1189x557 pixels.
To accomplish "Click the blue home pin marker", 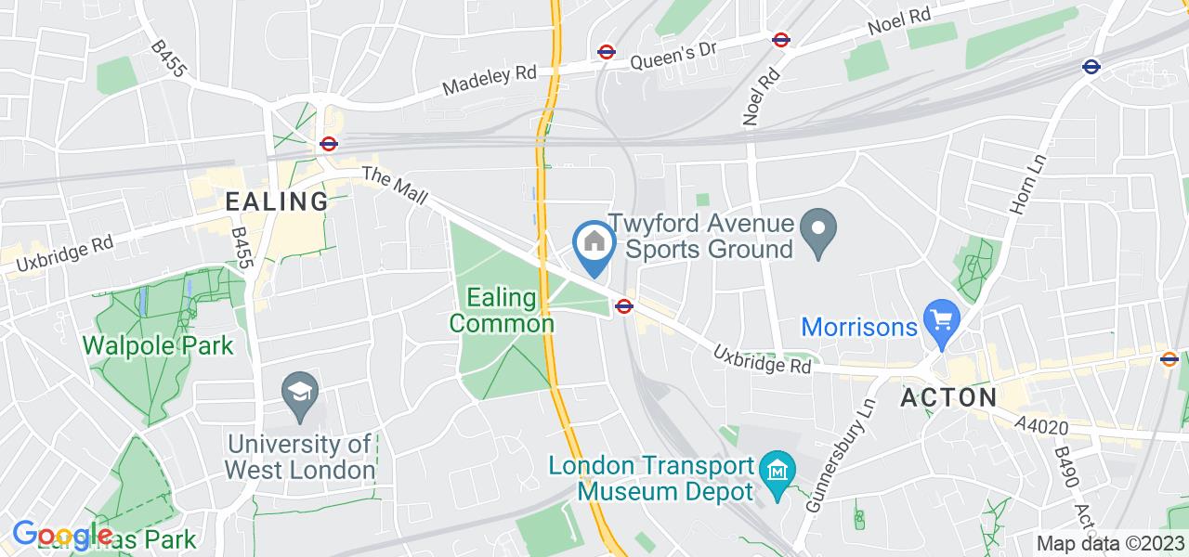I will coord(594,244).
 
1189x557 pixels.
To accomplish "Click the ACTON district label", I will coord(948,398).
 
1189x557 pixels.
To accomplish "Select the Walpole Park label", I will coord(158,345).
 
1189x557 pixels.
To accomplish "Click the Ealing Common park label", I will coord(502,311).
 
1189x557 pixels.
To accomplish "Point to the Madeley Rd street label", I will coord(490,82).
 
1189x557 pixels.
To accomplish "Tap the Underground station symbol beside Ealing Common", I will coord(623,305).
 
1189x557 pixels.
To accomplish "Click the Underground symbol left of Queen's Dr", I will coord(607,53).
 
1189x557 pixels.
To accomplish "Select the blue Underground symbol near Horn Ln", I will coord(1091,67).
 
